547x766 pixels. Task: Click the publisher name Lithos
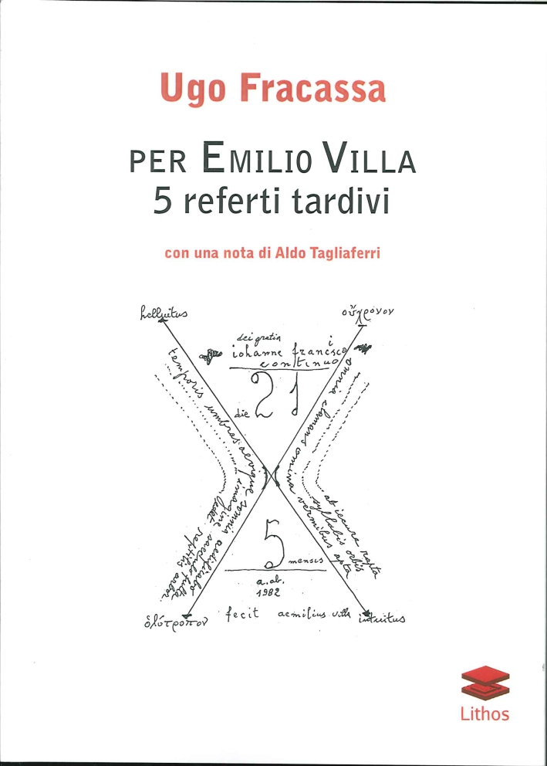coord(485,713)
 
